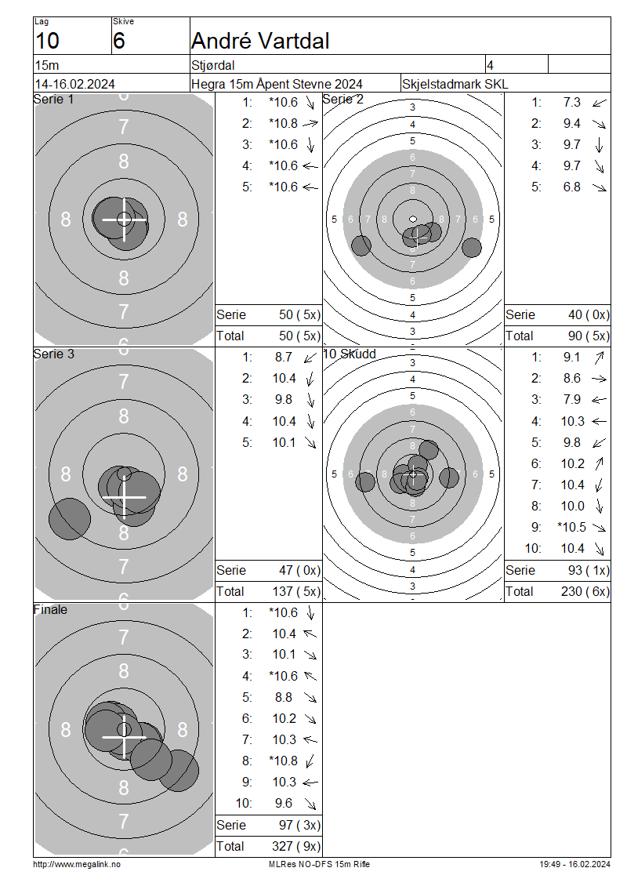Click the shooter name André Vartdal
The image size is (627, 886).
[260, 41]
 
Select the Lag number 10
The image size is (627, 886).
[48, 41]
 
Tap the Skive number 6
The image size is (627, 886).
[118, 41]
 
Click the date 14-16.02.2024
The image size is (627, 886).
[75, 84]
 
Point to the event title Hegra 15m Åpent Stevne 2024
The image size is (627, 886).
[277, 84]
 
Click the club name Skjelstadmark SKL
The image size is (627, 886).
[455, 84]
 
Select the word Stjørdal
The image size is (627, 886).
[213, 66]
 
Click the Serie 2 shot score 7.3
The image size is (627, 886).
[571, 102]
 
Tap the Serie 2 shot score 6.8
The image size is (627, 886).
[571, 187]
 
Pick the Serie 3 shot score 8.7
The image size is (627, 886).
[284, 357]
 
